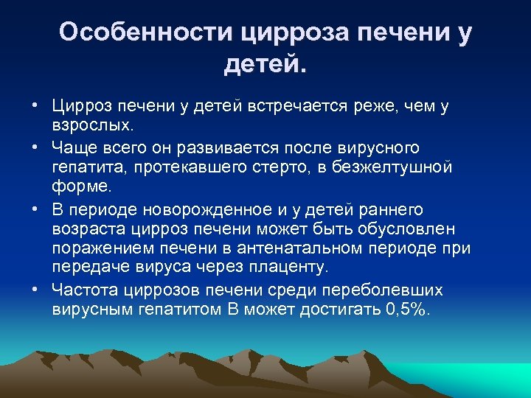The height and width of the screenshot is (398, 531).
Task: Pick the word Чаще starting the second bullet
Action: pos(74,149)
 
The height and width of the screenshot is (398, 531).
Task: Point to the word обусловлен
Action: pos(413,228)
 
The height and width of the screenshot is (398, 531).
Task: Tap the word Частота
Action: pos(82,290)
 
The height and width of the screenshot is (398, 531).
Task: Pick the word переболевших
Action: pos(397,290)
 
